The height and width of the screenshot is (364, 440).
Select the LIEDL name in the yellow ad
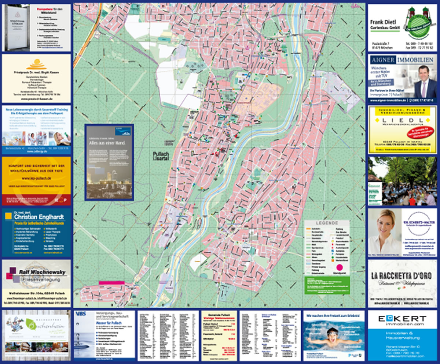coord(402,120)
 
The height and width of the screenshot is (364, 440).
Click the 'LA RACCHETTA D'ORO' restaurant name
coord(403,275)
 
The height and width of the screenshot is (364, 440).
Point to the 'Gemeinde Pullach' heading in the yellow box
coord(219,315)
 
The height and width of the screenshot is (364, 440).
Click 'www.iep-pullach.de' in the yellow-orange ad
coord(36,179)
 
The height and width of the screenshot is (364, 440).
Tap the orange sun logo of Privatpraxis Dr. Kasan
coord(36,65)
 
